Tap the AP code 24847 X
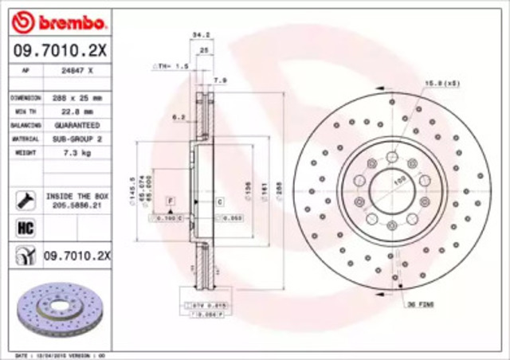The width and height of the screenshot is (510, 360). coord(76,71)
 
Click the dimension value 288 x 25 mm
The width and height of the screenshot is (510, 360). coord(76,98)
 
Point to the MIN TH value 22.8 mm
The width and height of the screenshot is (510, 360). coord(76,112)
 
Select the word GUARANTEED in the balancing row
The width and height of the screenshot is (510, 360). coord(76,125)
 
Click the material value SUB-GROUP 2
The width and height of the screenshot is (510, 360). coord(76,139)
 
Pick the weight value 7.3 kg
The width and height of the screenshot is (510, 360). coord(76,152)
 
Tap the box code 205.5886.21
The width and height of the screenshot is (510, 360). coord(76,205)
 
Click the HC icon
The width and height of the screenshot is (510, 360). coord(25,229)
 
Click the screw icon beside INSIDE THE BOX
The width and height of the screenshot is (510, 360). coord(25,199)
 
